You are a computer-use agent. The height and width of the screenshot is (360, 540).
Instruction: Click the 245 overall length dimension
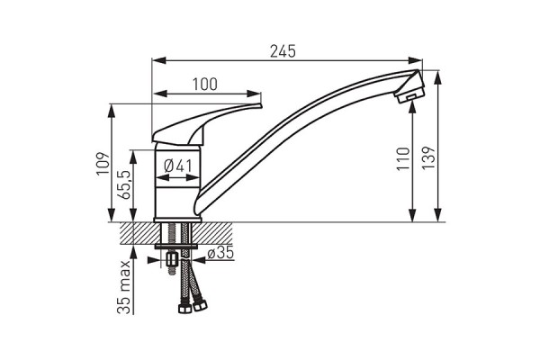coord(283,51)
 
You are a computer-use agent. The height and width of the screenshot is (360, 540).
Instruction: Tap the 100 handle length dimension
coord(205,85)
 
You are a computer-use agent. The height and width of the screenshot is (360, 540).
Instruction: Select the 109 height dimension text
coord(103,163)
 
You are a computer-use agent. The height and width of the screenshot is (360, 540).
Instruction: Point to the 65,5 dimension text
coord(124,184)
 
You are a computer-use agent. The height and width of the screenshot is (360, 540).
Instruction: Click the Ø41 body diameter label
coord(177,166)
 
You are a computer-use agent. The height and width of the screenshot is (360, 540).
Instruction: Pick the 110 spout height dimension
coord(403,158)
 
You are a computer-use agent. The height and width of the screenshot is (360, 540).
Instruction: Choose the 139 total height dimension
coord(428,157)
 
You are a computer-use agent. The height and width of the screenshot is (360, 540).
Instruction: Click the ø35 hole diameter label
coord(220,253)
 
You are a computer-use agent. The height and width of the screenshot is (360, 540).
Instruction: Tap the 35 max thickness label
coord(125,287)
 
